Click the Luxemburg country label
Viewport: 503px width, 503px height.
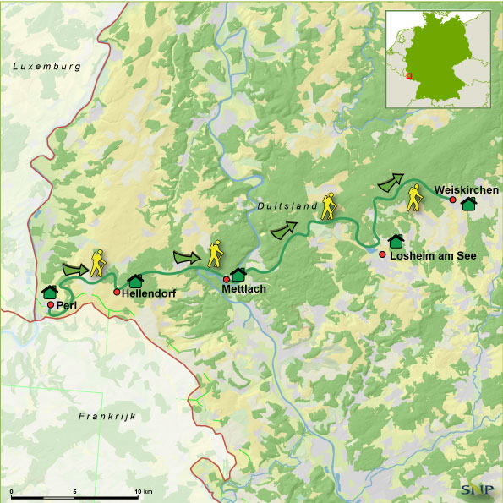(x=46, y=65)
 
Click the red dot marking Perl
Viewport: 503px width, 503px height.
(x=51, y=304)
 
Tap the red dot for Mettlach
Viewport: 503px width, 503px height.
(x=227, y=279)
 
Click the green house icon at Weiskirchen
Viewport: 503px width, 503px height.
(x=468, y=204)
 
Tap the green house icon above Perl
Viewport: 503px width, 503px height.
(x=49, y=292)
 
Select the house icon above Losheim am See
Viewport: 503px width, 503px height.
(x=395, y=241)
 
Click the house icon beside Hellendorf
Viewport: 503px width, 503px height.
(x=134, y=280)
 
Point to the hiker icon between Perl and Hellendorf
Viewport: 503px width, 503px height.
(x=98, y=264)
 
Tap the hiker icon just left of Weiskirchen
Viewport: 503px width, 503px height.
(x=414, y=199)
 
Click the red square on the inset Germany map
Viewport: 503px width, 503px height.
(x=409, y=75)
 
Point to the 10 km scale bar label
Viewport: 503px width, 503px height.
(x=143, y=491)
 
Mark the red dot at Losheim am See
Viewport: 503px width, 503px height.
(x=382, y=254)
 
